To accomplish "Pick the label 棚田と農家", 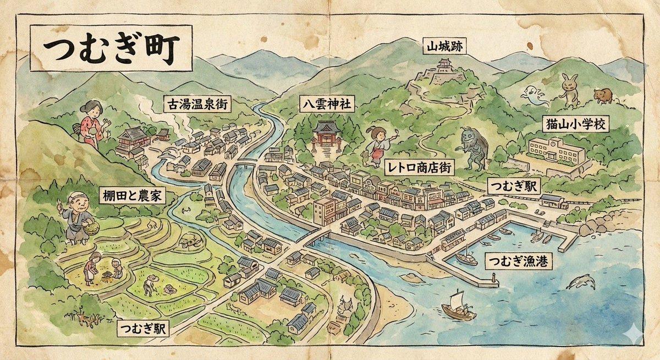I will [131, 195].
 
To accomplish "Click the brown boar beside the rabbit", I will [603, 96].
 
